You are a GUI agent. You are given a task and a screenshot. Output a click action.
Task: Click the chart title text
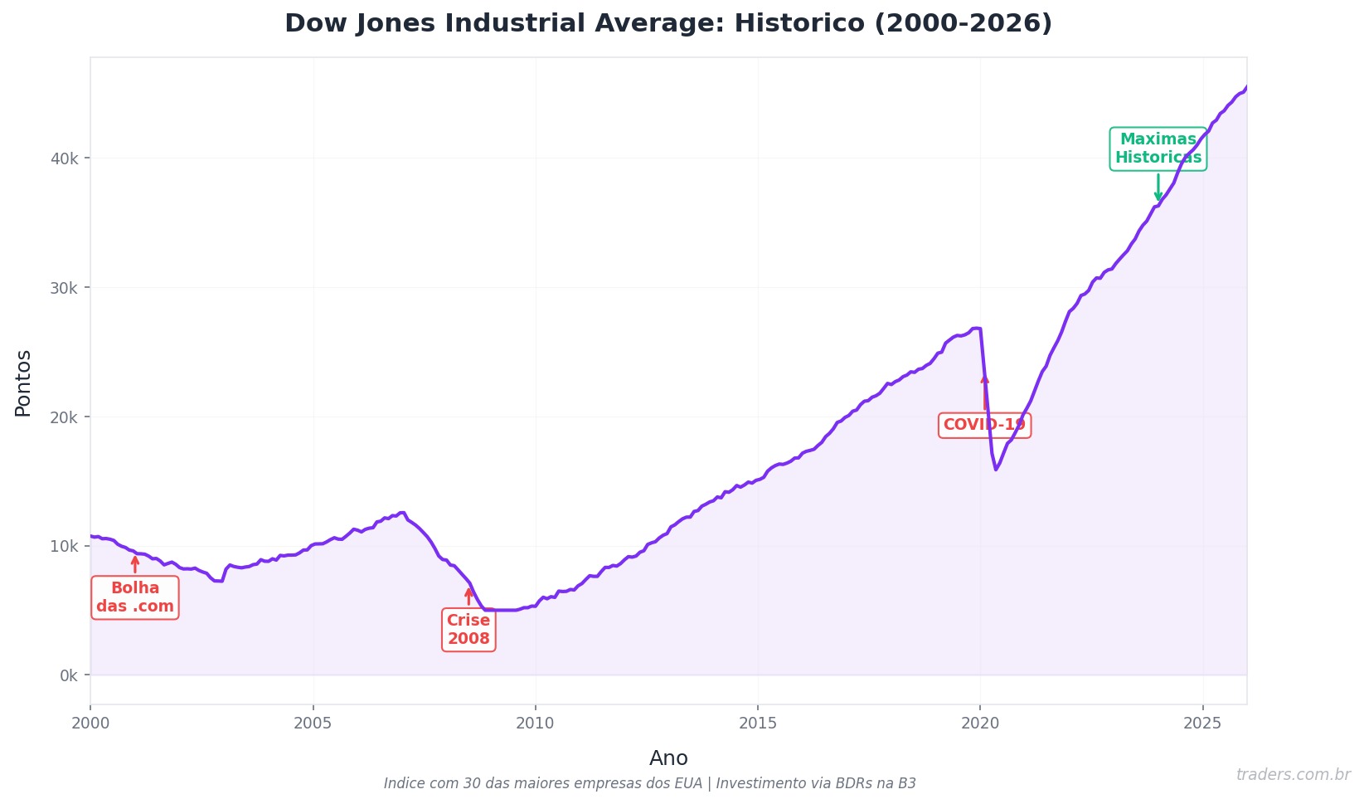(x=667, y=23)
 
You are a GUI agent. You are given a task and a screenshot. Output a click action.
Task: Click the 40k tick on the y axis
(x=65, y=158)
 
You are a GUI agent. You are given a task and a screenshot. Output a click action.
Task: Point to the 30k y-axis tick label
(x=65, y=288)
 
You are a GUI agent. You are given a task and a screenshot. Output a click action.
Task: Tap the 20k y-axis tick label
(x=65, y=417)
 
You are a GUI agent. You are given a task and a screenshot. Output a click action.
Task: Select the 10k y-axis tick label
(x=65, y=546)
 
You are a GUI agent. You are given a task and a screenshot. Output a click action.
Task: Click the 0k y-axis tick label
(x=68, y=675)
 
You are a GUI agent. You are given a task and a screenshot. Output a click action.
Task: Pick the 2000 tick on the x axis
(x=90, y=724)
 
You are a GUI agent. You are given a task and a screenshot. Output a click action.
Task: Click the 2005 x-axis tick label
(x=313, y=724)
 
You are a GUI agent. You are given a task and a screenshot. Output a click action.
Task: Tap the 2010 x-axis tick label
(x=535, y=724)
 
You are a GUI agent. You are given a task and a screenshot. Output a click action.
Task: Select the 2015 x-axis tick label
(x=758, y=724)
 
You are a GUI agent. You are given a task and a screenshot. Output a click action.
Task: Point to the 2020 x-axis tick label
(x=980, y=724)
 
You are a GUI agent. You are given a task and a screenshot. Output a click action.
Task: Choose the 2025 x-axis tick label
(x=1202, y=724)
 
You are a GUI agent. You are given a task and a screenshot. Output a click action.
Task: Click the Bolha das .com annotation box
(x=135, y=597)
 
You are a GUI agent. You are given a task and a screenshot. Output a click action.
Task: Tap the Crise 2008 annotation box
(x=468, y=630)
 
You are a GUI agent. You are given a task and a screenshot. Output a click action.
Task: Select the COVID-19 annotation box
(x=984, y=425)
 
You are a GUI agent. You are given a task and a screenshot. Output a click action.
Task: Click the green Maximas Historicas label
(x=1158, y=149)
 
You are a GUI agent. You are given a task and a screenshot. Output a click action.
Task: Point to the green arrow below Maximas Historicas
(x=1158, y=188)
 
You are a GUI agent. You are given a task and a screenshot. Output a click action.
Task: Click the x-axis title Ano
(x=668, y=758)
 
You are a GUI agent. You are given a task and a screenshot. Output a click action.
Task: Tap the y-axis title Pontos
(x=23, y=383)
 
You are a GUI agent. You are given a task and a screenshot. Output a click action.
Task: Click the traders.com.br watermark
(x=1293, y=775)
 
